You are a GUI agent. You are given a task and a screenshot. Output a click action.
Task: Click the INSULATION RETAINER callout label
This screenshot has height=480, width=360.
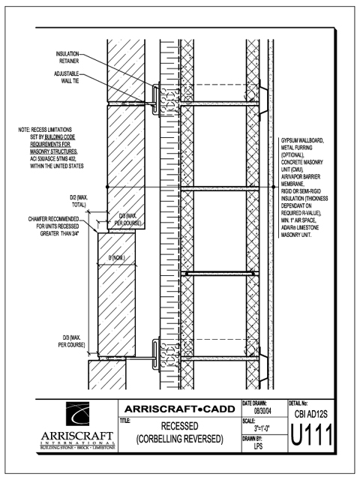(x=67, y=57)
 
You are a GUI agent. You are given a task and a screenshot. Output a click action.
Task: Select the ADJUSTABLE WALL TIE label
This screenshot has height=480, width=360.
(x=67, y=77)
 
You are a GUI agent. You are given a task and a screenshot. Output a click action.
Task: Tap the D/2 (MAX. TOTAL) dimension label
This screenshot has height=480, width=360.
(x=79, y=201)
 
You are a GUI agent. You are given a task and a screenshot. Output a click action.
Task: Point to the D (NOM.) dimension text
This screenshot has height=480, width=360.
(x=117, y=258)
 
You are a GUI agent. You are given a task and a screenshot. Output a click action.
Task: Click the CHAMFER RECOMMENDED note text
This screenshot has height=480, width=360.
(x=53, y=226)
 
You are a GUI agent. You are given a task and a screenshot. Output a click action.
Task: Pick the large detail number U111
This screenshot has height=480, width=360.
(x=311, y=435)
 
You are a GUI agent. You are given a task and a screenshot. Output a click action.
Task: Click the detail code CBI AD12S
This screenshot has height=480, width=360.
(x=310, y=414)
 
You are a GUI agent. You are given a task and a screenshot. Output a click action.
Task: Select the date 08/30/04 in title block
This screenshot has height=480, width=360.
(x=262, y=411)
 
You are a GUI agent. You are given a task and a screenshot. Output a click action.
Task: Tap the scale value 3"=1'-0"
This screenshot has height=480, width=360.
(x=262, y=428)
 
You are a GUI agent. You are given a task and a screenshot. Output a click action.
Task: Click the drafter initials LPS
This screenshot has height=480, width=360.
(x=258, y=446)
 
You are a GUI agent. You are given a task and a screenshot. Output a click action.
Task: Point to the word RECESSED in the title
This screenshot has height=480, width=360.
(x=179, y=426)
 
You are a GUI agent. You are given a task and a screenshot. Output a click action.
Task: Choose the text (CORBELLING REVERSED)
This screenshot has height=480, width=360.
(x=179, y=439)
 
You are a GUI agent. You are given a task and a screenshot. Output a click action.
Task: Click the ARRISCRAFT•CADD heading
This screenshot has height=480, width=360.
(x=180, y=409)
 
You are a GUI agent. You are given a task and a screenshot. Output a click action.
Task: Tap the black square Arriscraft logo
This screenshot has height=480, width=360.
(x=78, y=414)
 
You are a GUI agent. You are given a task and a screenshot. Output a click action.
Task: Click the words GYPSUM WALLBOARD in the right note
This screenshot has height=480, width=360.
(x=302, y=140)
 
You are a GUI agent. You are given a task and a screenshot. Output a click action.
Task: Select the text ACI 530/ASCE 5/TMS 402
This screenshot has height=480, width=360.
(x=52, y=158)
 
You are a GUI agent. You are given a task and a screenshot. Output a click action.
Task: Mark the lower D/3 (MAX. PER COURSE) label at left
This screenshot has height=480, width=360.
(x=71, y=341)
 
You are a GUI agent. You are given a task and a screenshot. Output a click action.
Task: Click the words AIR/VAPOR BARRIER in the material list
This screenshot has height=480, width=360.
(x=301, y=177)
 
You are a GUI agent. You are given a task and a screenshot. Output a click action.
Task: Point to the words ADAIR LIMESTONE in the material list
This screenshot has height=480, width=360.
(x=300, y=227)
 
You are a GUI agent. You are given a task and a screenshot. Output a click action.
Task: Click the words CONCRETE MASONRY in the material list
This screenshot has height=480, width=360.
(x=301, y=162)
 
